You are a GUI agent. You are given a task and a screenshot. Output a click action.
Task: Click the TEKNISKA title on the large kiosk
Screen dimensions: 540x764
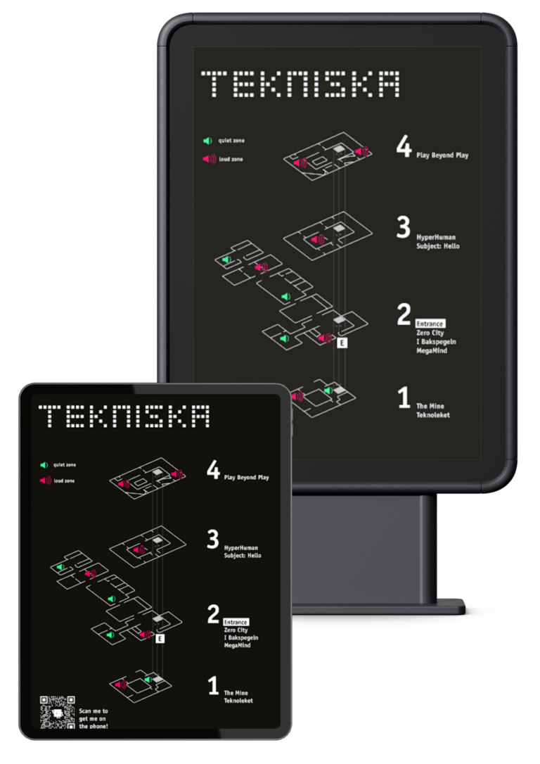click(300, 84)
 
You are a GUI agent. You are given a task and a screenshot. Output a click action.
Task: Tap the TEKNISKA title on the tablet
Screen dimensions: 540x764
click(124, 416)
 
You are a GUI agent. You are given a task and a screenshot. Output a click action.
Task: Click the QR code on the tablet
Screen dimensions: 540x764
click(57, 713)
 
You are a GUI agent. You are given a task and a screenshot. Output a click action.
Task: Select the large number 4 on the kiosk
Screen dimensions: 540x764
click(404, 146)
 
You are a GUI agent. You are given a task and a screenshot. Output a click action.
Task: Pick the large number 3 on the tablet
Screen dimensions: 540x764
click(213, 539)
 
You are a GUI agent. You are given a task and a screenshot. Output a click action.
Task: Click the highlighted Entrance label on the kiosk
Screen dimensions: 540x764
click(430, 324)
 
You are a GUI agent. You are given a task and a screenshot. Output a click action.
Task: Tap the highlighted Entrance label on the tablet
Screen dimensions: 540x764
click(236, 622)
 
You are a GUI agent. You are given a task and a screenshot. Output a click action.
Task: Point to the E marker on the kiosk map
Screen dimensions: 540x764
click(342, 343)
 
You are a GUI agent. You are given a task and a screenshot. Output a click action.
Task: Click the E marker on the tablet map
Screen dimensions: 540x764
click(160, 638)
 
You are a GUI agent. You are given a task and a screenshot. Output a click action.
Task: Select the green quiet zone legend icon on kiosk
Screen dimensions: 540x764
click(208, 141)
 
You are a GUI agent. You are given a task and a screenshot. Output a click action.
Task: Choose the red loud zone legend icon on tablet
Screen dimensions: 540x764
click(45, 480)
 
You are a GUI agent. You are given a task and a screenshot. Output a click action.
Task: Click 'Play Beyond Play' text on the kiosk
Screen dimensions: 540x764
click(442, 155)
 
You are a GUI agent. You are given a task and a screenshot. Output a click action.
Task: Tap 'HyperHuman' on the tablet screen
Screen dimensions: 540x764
click(240, 547)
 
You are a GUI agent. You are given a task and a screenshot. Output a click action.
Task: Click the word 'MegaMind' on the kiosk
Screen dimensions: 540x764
click(432, 350)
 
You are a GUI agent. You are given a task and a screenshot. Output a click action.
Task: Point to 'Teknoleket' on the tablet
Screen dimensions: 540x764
click(238, 701)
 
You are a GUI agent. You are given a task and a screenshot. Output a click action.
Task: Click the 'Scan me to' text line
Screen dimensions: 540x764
click(94, 711)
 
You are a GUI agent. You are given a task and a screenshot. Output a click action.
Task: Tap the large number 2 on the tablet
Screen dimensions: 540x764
click(213, 614)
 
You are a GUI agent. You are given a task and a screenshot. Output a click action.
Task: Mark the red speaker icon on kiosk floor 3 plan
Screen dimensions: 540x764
click(318, 239)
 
